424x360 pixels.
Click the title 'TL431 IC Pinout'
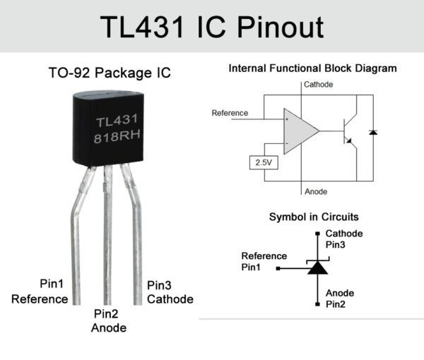212,27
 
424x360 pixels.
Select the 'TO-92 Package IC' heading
109,73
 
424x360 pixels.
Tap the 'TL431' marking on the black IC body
119,120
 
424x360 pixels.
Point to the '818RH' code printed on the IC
119,138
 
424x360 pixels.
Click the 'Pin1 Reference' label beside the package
41,292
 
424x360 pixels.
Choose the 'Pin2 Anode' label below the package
109,321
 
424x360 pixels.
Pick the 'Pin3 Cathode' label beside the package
170,292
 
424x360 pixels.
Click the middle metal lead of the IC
107,233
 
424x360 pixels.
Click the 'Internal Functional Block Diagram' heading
312,68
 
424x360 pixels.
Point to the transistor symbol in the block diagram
347,131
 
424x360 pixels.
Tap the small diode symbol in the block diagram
373,132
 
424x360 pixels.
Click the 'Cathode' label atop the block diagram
318,85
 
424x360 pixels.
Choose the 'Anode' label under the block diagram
314,191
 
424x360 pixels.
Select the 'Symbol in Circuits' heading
313,217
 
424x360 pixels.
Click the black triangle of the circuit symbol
316,268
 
